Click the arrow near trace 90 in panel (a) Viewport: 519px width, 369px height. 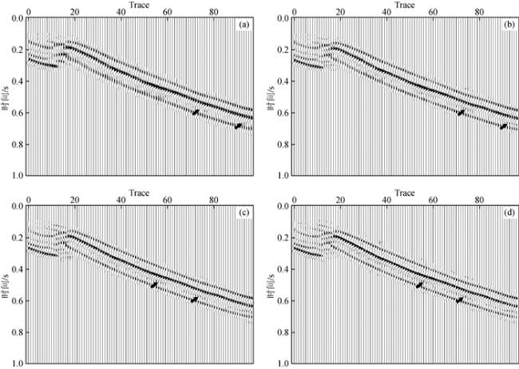(238, 125)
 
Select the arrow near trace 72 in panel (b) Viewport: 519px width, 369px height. (460, 113)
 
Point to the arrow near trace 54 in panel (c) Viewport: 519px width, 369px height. (154, 284)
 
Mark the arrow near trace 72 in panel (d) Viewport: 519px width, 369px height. (460, 300)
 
